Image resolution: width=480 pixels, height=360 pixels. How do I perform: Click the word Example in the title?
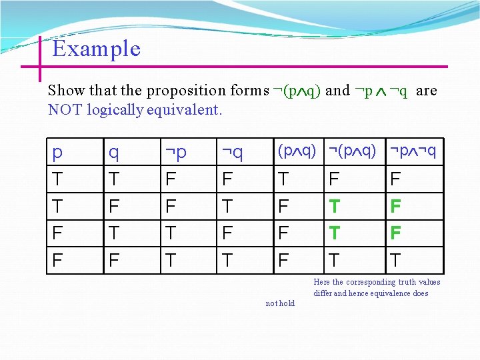click(96, 49)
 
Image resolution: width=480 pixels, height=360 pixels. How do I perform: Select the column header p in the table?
click(57, 153)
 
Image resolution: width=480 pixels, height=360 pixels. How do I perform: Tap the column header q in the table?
click(114, 153)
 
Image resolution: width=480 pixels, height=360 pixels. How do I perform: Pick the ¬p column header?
click(176, 153)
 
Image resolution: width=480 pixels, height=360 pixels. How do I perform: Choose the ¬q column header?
click(232, 153)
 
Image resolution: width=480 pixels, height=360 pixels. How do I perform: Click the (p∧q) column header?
click(296, 151)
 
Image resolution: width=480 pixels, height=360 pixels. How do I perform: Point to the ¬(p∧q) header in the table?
click(352, 151)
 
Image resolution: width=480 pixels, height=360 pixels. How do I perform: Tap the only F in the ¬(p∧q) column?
click(335, 179)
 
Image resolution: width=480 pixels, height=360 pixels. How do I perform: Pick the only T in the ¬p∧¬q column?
click(395, 260)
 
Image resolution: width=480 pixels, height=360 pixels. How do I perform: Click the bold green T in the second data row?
click(336, 207)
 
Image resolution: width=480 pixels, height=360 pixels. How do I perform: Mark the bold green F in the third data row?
click(395, 233)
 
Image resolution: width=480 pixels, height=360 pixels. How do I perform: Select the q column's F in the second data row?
click(113, 207)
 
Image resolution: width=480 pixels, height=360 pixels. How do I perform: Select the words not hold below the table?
click(280, 303)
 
